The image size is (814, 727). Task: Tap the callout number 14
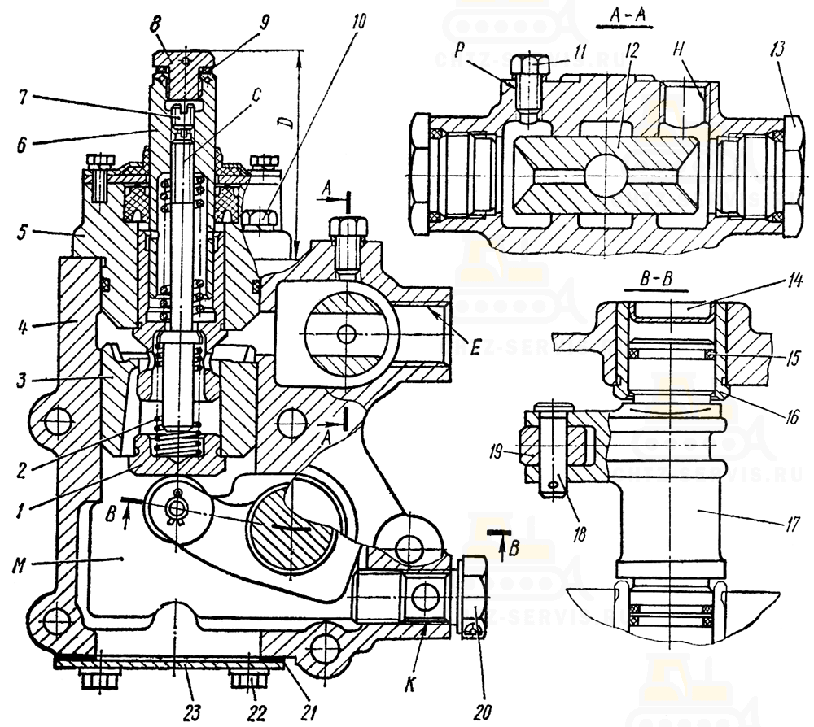tap(794, 282)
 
